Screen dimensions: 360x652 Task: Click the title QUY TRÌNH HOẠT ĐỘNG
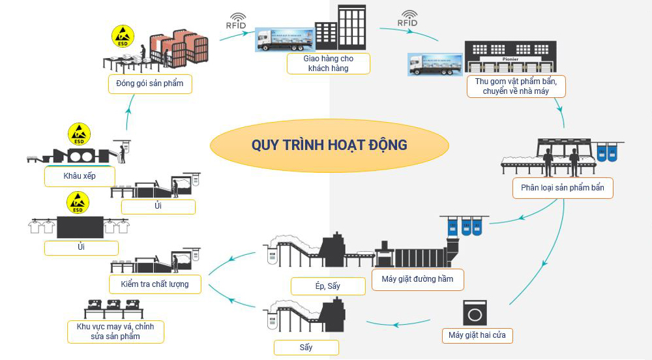click(329, 145)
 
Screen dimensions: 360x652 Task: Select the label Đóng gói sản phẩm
click(150, 83)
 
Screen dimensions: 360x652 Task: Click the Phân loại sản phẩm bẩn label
click(563, 188)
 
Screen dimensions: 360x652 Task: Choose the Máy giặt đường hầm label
click(418, 280)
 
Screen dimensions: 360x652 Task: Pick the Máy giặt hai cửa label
click(477, 336)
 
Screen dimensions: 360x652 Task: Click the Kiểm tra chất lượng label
click(155, 284)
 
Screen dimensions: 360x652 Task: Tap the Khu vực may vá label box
click(115, 331)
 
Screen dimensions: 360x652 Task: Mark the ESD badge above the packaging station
click(122, 36)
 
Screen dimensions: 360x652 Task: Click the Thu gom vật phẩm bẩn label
click(516, 86)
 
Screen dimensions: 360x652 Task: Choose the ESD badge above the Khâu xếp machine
click(79, 134)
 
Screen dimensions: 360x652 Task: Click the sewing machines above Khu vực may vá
click(114, 305)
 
